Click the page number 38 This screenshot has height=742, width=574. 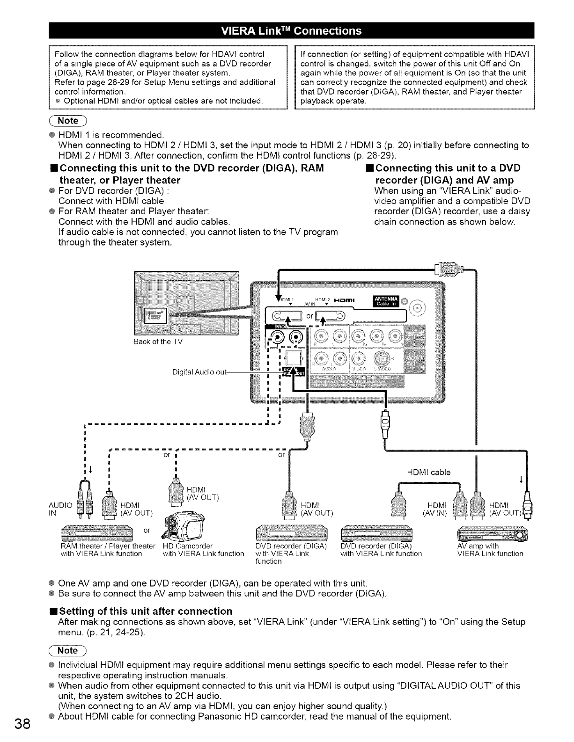tap(22, 723)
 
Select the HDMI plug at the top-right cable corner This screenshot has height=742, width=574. tap(449, 269)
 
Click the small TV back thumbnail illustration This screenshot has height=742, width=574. tap(186, 303)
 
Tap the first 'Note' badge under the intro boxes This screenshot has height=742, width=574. tap(68, 121)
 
